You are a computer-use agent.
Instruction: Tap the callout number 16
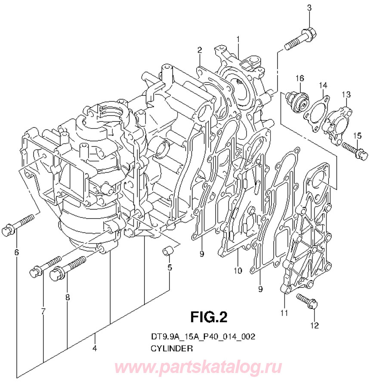299,78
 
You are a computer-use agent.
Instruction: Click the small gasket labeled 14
317,111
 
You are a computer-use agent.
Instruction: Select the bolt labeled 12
308,301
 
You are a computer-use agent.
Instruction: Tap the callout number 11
284,313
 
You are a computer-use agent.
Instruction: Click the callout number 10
238,271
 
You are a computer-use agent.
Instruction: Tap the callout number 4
94,349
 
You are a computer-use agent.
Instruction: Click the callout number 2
200,50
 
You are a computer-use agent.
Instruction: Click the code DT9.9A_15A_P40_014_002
200,336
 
